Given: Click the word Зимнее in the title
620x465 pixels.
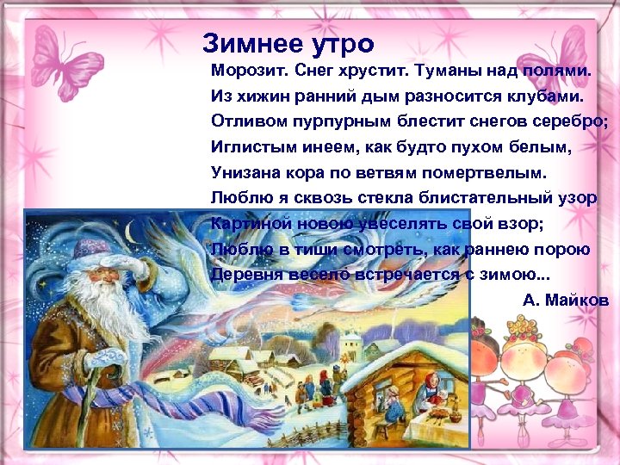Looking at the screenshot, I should coord(248,44).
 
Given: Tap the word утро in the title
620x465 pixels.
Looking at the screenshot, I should coord(338,44).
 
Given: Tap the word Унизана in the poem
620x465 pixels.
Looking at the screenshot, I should coord(243,172).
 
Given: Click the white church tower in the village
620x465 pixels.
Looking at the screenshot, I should coord(348,345).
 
